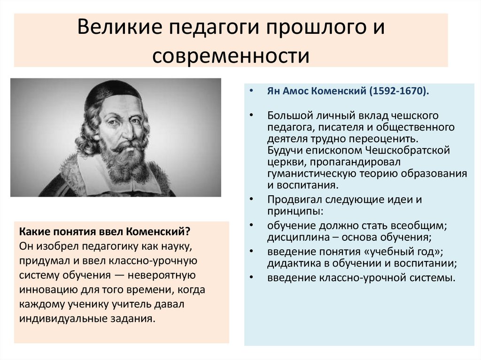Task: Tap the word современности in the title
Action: pyautogui.click(x=231, y=55)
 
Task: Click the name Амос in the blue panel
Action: pyautogui.click(x=295, y=92)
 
